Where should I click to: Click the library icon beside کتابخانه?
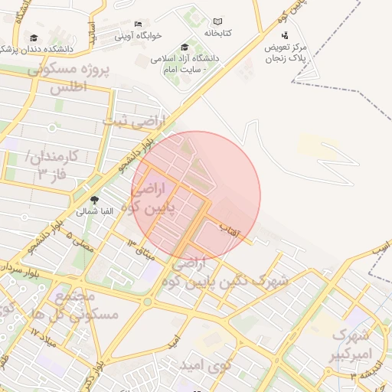217,22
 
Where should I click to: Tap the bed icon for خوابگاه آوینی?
138,24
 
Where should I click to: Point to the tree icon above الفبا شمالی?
94,200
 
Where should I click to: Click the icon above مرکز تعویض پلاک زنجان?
285,35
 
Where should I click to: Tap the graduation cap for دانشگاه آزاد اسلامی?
185,47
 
